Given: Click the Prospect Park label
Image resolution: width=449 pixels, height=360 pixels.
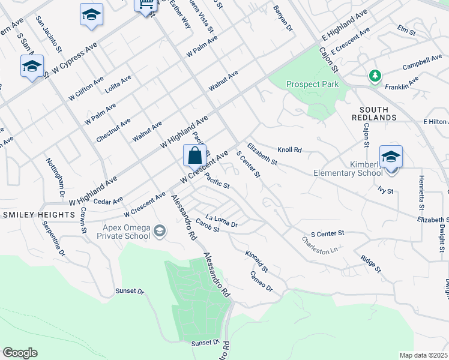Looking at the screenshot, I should point(312,84).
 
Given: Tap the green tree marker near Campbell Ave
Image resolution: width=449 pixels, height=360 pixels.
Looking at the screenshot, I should point(375,76).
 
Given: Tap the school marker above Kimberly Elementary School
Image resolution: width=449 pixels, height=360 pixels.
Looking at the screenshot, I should point(391,157).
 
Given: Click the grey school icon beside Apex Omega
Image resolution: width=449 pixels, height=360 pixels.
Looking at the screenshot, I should point(160,230).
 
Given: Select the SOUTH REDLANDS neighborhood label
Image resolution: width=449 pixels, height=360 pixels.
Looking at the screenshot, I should point(378,113).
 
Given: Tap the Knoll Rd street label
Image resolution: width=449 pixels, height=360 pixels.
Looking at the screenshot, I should point(289,149).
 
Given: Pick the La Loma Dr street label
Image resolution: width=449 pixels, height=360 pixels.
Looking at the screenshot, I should point(221,220).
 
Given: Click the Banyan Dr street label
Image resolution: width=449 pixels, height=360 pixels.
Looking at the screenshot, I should point(282,19).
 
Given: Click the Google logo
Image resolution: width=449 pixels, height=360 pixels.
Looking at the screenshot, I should point(20,353).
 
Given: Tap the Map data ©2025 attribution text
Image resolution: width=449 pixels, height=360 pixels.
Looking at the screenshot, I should point(423,355).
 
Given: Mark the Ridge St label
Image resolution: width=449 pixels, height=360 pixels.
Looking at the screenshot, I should point(370,264).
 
